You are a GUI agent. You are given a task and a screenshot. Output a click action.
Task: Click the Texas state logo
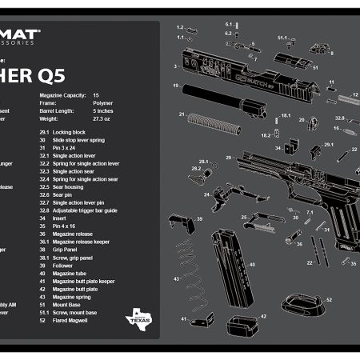(x=138, y=319)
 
